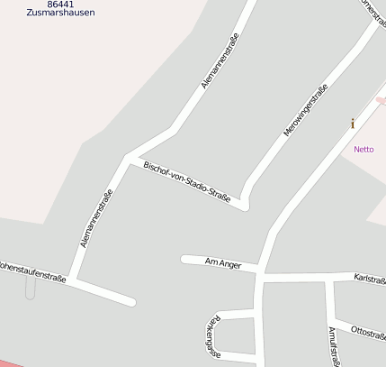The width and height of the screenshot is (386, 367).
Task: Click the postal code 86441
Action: point(60,5)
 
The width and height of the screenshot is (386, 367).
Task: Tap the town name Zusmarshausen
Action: point(60,14)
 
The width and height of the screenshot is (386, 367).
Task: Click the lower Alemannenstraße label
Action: point(96,218)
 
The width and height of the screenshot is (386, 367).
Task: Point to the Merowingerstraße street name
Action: point(306,109)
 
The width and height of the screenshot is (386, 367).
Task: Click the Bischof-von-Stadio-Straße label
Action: point(187,181)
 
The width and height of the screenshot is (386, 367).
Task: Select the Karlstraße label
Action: point(370,279)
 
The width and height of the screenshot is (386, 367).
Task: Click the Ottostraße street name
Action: point(367,331)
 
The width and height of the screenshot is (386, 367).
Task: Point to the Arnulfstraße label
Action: point(333,346)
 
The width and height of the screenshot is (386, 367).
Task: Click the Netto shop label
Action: point(364,149)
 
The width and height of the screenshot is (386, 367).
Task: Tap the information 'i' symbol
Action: point(353,124)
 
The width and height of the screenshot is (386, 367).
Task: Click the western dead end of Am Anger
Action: point(184,259)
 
